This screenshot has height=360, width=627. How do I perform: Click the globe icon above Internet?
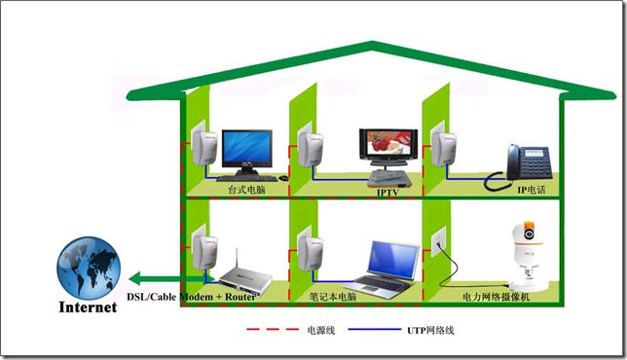pos(89,268)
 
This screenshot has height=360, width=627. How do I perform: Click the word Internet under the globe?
pos(88,307)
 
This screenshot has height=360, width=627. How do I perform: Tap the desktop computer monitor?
pos(247,151)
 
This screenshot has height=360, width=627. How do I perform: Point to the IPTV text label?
pos(387,193)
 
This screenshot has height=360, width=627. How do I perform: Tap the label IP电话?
pos(532,190)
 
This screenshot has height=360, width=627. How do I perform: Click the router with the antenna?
pos(245,276)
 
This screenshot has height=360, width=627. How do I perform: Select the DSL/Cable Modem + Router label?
pos(191,297)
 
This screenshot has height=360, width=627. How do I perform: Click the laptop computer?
pos(383,270)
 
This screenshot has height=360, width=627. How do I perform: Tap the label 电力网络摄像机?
pos(496,297)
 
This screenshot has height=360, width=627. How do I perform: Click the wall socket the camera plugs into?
pos(438,241)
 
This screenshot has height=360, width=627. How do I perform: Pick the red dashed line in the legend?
pos(273,329)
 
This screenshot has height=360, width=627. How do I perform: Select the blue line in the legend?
pos(374,329)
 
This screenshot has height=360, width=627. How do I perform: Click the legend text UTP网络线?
pos(430,330)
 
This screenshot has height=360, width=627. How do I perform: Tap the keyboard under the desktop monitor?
pos(246,178)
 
